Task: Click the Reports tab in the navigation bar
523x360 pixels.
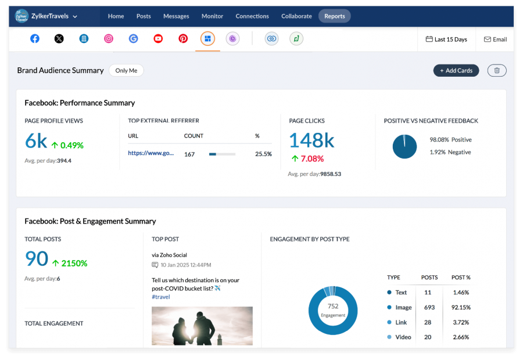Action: [x=334, y=16]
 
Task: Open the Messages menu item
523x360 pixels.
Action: [x=176, y=16]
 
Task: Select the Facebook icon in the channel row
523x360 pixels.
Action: [x=35, y=39]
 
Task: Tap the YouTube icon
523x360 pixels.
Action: [x=158, y=39]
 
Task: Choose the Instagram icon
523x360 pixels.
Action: [x=109, y=39]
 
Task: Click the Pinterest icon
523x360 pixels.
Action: [x=183, y=39]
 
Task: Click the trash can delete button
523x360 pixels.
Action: [x=497, y=70]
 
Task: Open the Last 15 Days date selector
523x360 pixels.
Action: [x=446, y=39]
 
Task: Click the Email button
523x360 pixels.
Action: [x=495, y=39]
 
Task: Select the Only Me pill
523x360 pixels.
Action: [x=126, y=70]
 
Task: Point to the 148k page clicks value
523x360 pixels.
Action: [x=311, y=141]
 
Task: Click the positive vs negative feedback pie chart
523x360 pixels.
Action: [x=405, y=146]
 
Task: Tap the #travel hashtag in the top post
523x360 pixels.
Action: [x=161, y=297]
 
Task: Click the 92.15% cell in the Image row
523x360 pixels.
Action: [x=460, y=307]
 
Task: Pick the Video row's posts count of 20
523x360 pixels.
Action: [x=428, y=337]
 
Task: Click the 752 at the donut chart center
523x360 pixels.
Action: [x=333, y=306]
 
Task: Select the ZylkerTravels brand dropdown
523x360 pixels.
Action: [x=46, y=16]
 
